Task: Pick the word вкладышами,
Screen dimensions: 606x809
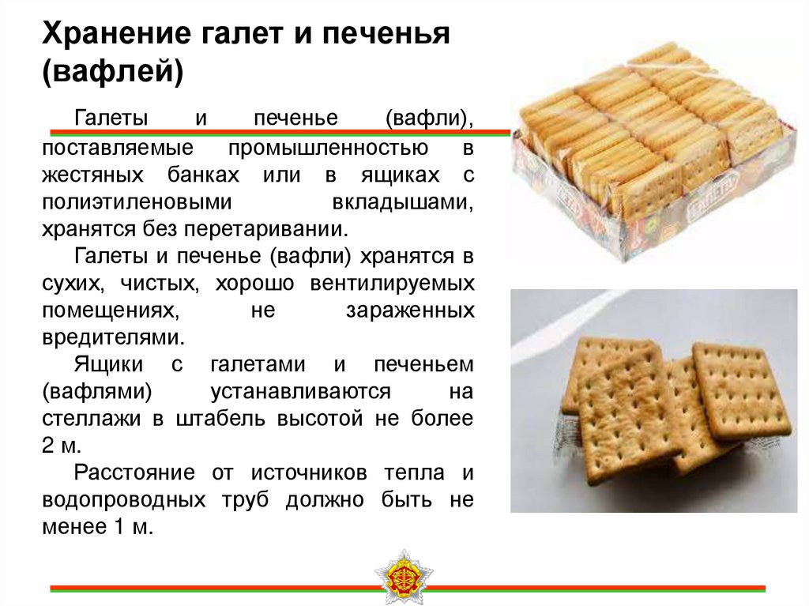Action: pos(403,201)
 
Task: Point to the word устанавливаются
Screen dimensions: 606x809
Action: pos(301,391)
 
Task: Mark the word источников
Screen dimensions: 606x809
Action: pos(304,472)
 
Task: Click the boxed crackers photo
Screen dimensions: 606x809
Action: pos(649,145)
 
